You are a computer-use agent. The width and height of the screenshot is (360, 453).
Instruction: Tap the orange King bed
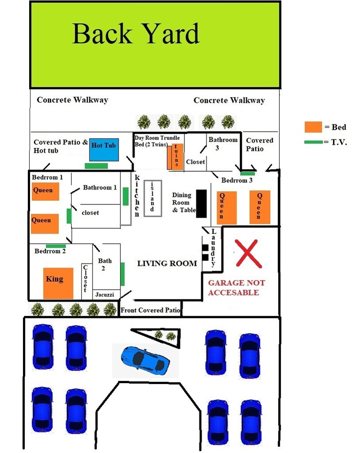(58, 283)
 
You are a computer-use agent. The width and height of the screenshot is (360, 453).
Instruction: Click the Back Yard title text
(136, 34)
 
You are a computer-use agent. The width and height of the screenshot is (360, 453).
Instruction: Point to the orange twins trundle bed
(175, 156)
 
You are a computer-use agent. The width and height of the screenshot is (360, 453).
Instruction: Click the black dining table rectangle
(202, 203)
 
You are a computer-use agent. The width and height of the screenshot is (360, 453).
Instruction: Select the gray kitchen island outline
(153, 198)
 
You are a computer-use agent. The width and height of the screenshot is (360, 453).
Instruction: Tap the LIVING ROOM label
(167, 264)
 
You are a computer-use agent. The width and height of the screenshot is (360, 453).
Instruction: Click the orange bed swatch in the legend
(313, 127)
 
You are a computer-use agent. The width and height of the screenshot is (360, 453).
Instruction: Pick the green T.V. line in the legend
(314, 142)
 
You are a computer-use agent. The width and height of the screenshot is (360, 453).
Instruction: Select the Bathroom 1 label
(100, 188)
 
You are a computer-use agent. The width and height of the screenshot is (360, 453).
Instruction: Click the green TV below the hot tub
(96, 166)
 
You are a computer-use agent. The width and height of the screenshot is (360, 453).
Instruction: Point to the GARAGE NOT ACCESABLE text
(237, 288)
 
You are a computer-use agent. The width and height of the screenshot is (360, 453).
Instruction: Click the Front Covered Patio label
(150, 310)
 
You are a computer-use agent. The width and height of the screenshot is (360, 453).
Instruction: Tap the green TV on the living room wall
(123, 274)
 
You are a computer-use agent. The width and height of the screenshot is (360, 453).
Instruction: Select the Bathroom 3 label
(223, 144)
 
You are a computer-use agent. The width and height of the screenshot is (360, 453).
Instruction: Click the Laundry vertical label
(213, 248)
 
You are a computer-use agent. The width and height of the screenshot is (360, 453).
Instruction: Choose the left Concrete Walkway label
(72, 100)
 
